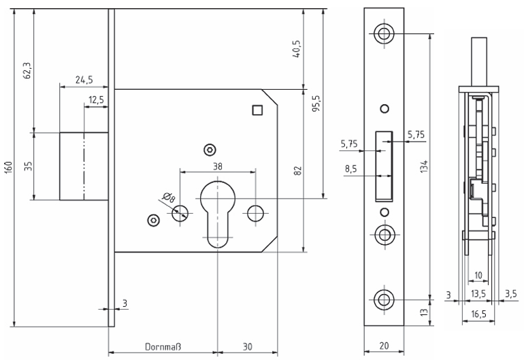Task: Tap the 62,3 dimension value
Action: [27, 69]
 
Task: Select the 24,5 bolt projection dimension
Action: [84, 80]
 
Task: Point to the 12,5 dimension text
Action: [96, 100]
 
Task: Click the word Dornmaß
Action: [162, 347]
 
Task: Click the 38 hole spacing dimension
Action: [217, 165]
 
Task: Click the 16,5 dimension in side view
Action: [479, 314]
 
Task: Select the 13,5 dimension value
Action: [478, 294]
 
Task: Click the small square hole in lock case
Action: [257, 109]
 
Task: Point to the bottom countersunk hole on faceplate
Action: [384, 298]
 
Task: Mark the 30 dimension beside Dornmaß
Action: [247, 347]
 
